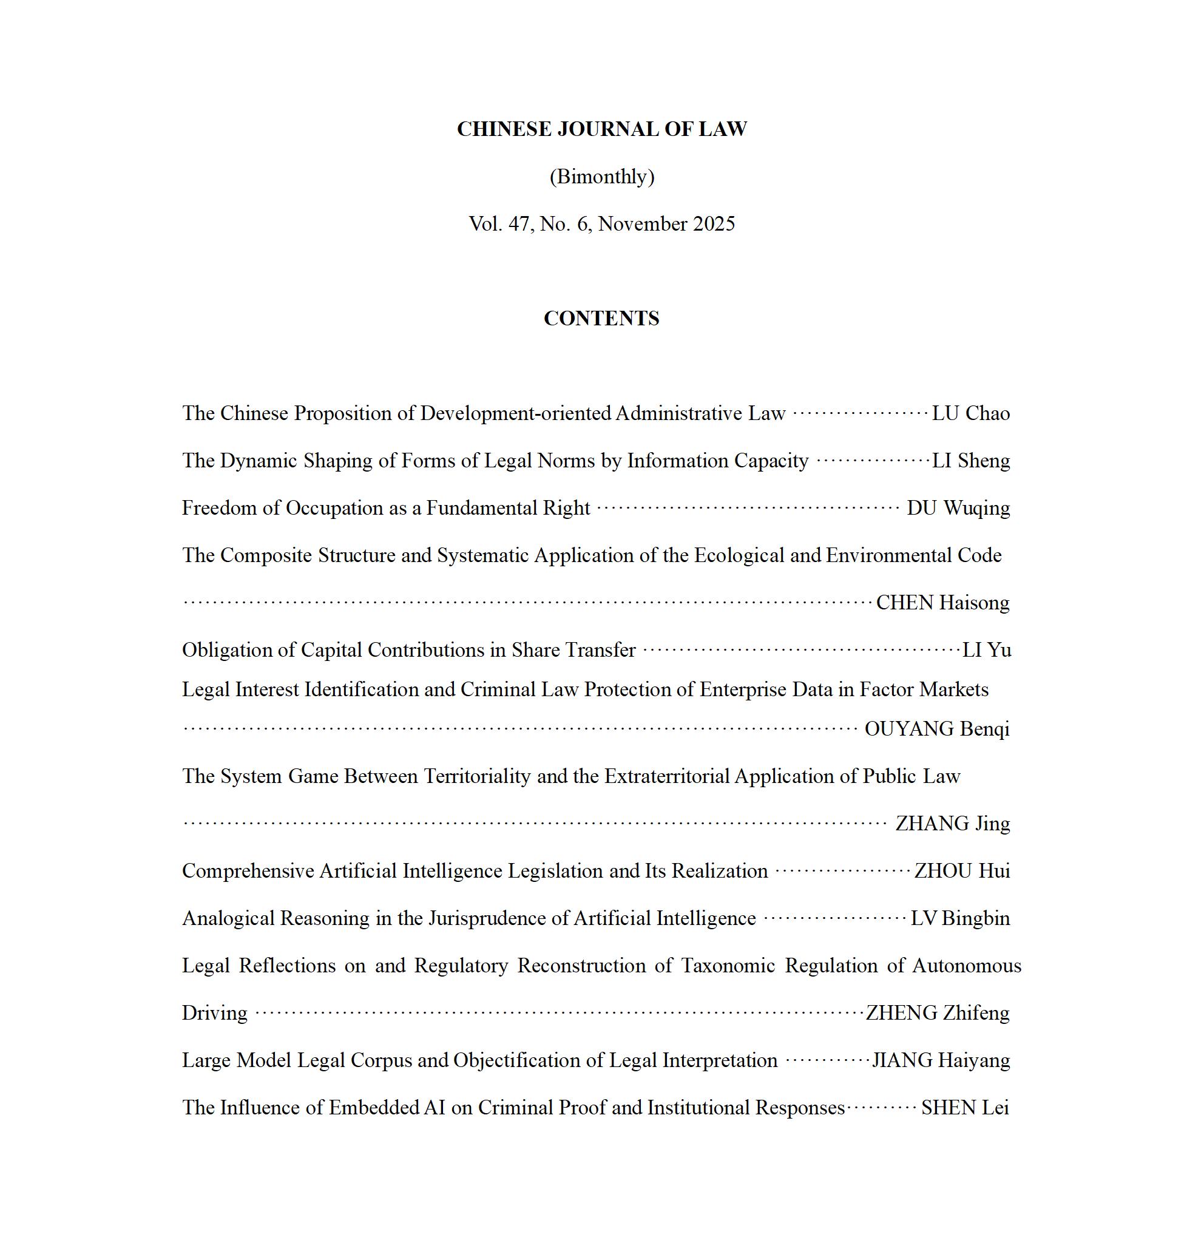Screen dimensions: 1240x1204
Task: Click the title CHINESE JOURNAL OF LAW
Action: [601, 129]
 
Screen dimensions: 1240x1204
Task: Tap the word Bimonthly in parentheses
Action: [601, 177]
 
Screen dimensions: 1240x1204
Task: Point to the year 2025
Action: [714, 224]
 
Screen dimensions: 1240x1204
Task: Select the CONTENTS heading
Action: [601, 318]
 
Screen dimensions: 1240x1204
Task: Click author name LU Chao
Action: [970, 413]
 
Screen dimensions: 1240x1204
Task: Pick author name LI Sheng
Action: [970, 461]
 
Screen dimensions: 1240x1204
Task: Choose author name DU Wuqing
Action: [958, 508]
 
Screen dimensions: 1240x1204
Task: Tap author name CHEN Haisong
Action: [942, 603]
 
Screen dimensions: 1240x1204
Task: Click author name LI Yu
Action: [986, 649]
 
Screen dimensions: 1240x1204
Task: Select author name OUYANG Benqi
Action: [937, 729]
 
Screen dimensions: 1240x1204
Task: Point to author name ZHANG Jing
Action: [953, 824]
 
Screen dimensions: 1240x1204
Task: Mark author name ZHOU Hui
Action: [962, 871]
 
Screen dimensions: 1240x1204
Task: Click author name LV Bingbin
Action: [960, 918]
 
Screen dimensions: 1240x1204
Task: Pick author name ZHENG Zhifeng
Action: [938, 1013]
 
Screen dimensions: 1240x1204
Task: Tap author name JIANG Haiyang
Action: [941, 1060]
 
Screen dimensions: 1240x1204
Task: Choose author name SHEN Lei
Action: [965, 1108]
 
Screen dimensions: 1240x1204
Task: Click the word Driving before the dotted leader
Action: [214, 1014]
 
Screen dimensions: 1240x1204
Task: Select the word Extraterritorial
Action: [667, 776]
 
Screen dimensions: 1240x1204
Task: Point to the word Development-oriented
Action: [516, 413]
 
